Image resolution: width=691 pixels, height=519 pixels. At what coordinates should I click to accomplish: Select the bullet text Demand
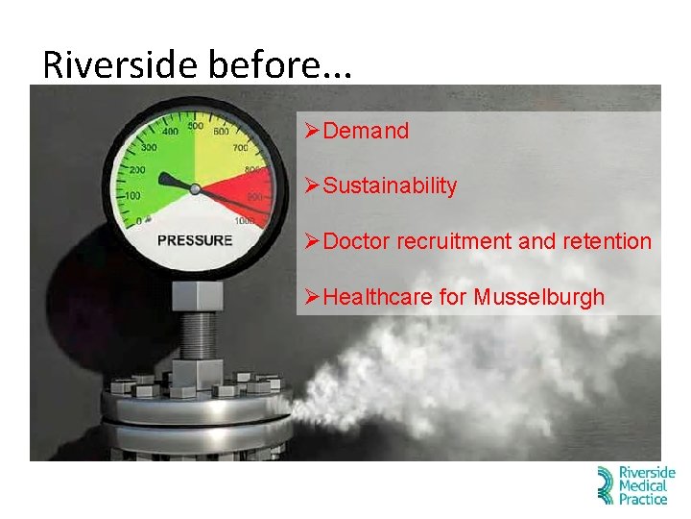pyautogui.click(x=366, y=131)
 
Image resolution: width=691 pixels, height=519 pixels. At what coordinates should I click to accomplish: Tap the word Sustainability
pyautogui.click(x=390, y=185)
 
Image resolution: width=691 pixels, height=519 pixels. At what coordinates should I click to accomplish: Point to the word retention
pyautogui.click(x=607, y=241)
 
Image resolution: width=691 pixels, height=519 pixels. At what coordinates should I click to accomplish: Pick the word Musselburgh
pyautogui.click(x=538, y=297)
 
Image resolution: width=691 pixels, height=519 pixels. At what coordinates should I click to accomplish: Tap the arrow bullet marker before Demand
pyautogui.click(x=311, y=131)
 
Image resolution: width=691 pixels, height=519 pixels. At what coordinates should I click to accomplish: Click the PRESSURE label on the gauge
pyautogui.click(x=194, y=240)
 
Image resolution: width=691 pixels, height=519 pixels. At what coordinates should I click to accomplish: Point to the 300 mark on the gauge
pyautogui.click(x=149, y=149)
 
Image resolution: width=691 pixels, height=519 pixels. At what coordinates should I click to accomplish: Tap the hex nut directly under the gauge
pyautogui.click(x=197, y=293)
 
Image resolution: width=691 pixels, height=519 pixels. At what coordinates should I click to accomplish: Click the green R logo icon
pyautogui.click(x=605, y=485)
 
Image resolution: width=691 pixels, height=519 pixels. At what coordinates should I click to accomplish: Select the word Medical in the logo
pyautogui.click(x=644, y=486)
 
